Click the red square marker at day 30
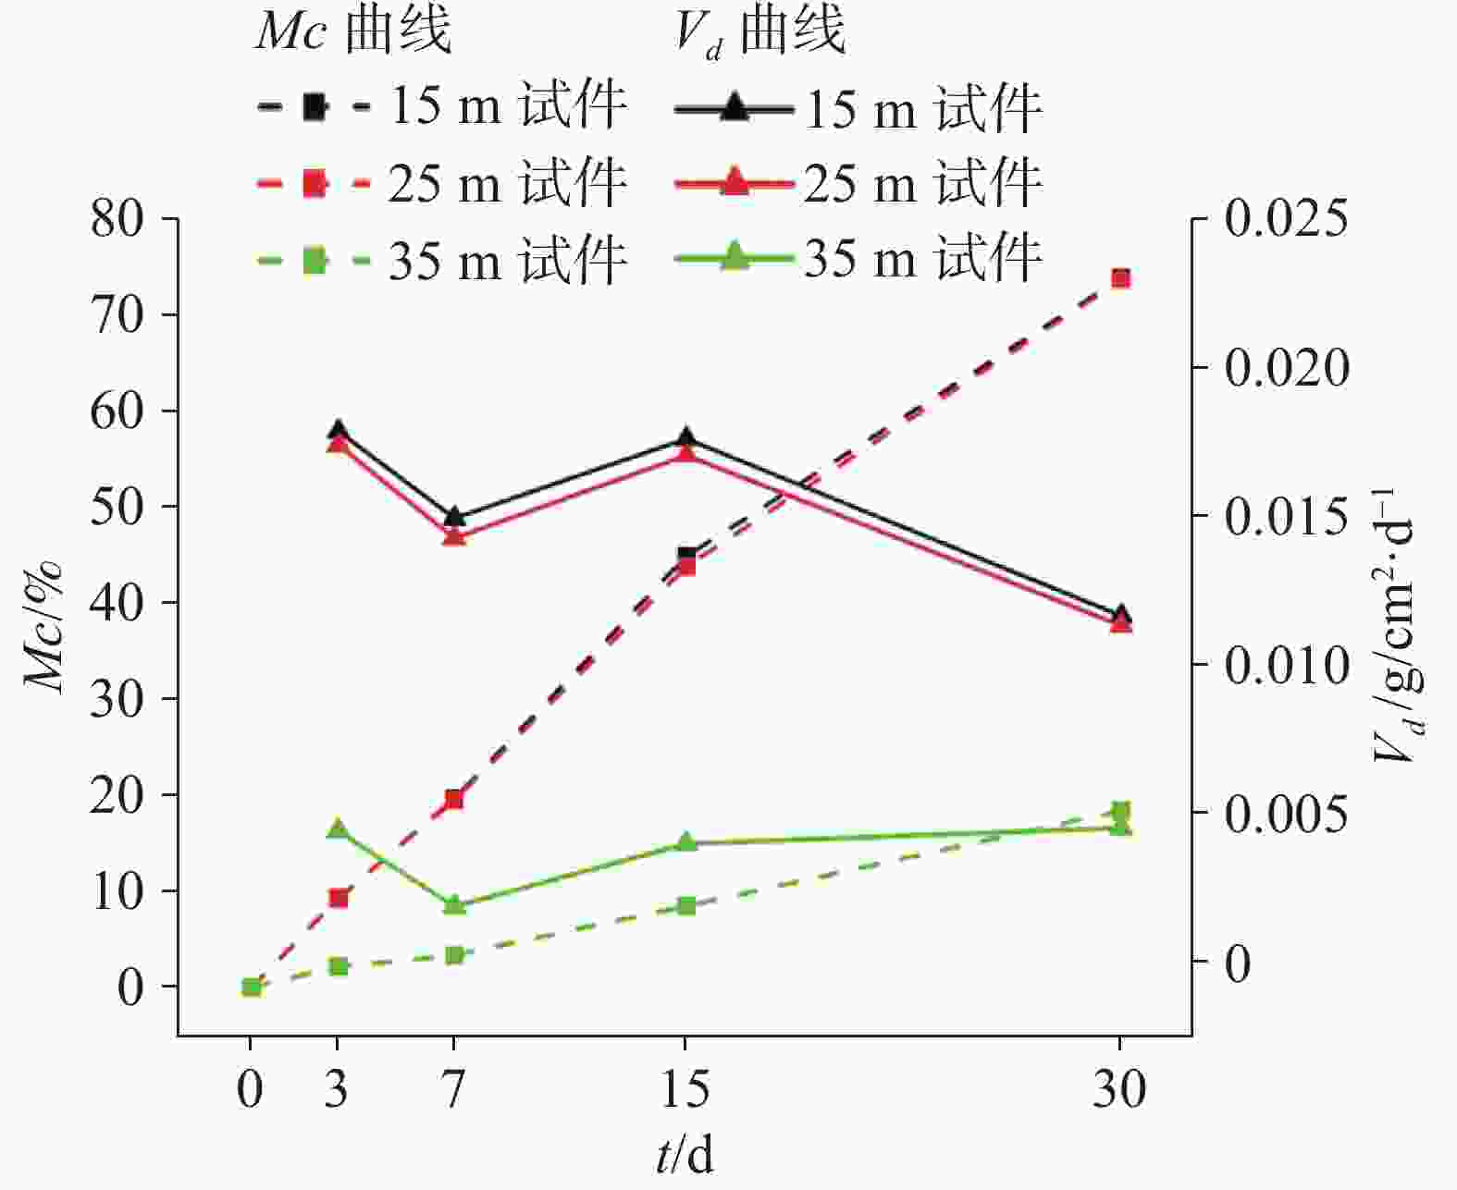1120,278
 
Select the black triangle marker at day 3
338,430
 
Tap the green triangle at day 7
453,905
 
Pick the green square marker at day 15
685,905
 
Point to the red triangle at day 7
453,536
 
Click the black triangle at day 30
1120,614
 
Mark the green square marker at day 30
1120,812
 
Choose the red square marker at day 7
453,799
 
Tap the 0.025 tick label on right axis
1286,220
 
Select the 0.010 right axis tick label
1286,665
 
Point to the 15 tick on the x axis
685,1089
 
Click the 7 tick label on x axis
453,1089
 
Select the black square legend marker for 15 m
315,107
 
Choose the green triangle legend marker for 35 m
734,254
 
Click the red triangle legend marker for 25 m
734,180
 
